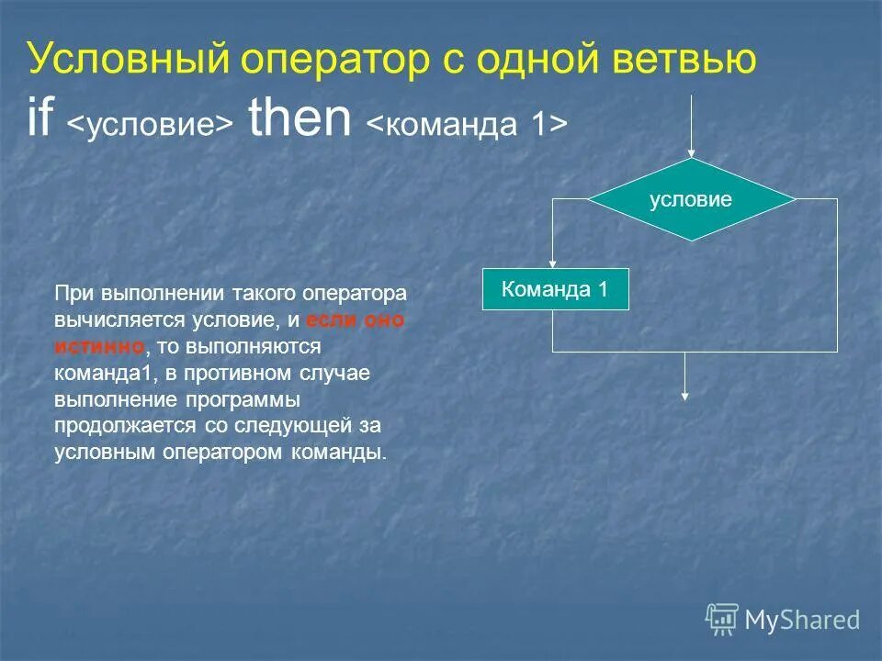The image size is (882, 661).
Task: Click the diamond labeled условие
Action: [x=691, y=199]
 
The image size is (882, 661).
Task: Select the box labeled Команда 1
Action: [x=556, y=290]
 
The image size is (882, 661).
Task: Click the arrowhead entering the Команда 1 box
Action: [x=552, y=264]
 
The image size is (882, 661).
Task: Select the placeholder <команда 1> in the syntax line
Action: [x=467, y=125]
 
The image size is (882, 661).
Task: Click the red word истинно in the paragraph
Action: [x=99, y=347]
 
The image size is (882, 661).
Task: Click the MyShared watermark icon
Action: [x=722, y=620]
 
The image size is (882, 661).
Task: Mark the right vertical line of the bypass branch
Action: [x=837, y=275]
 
